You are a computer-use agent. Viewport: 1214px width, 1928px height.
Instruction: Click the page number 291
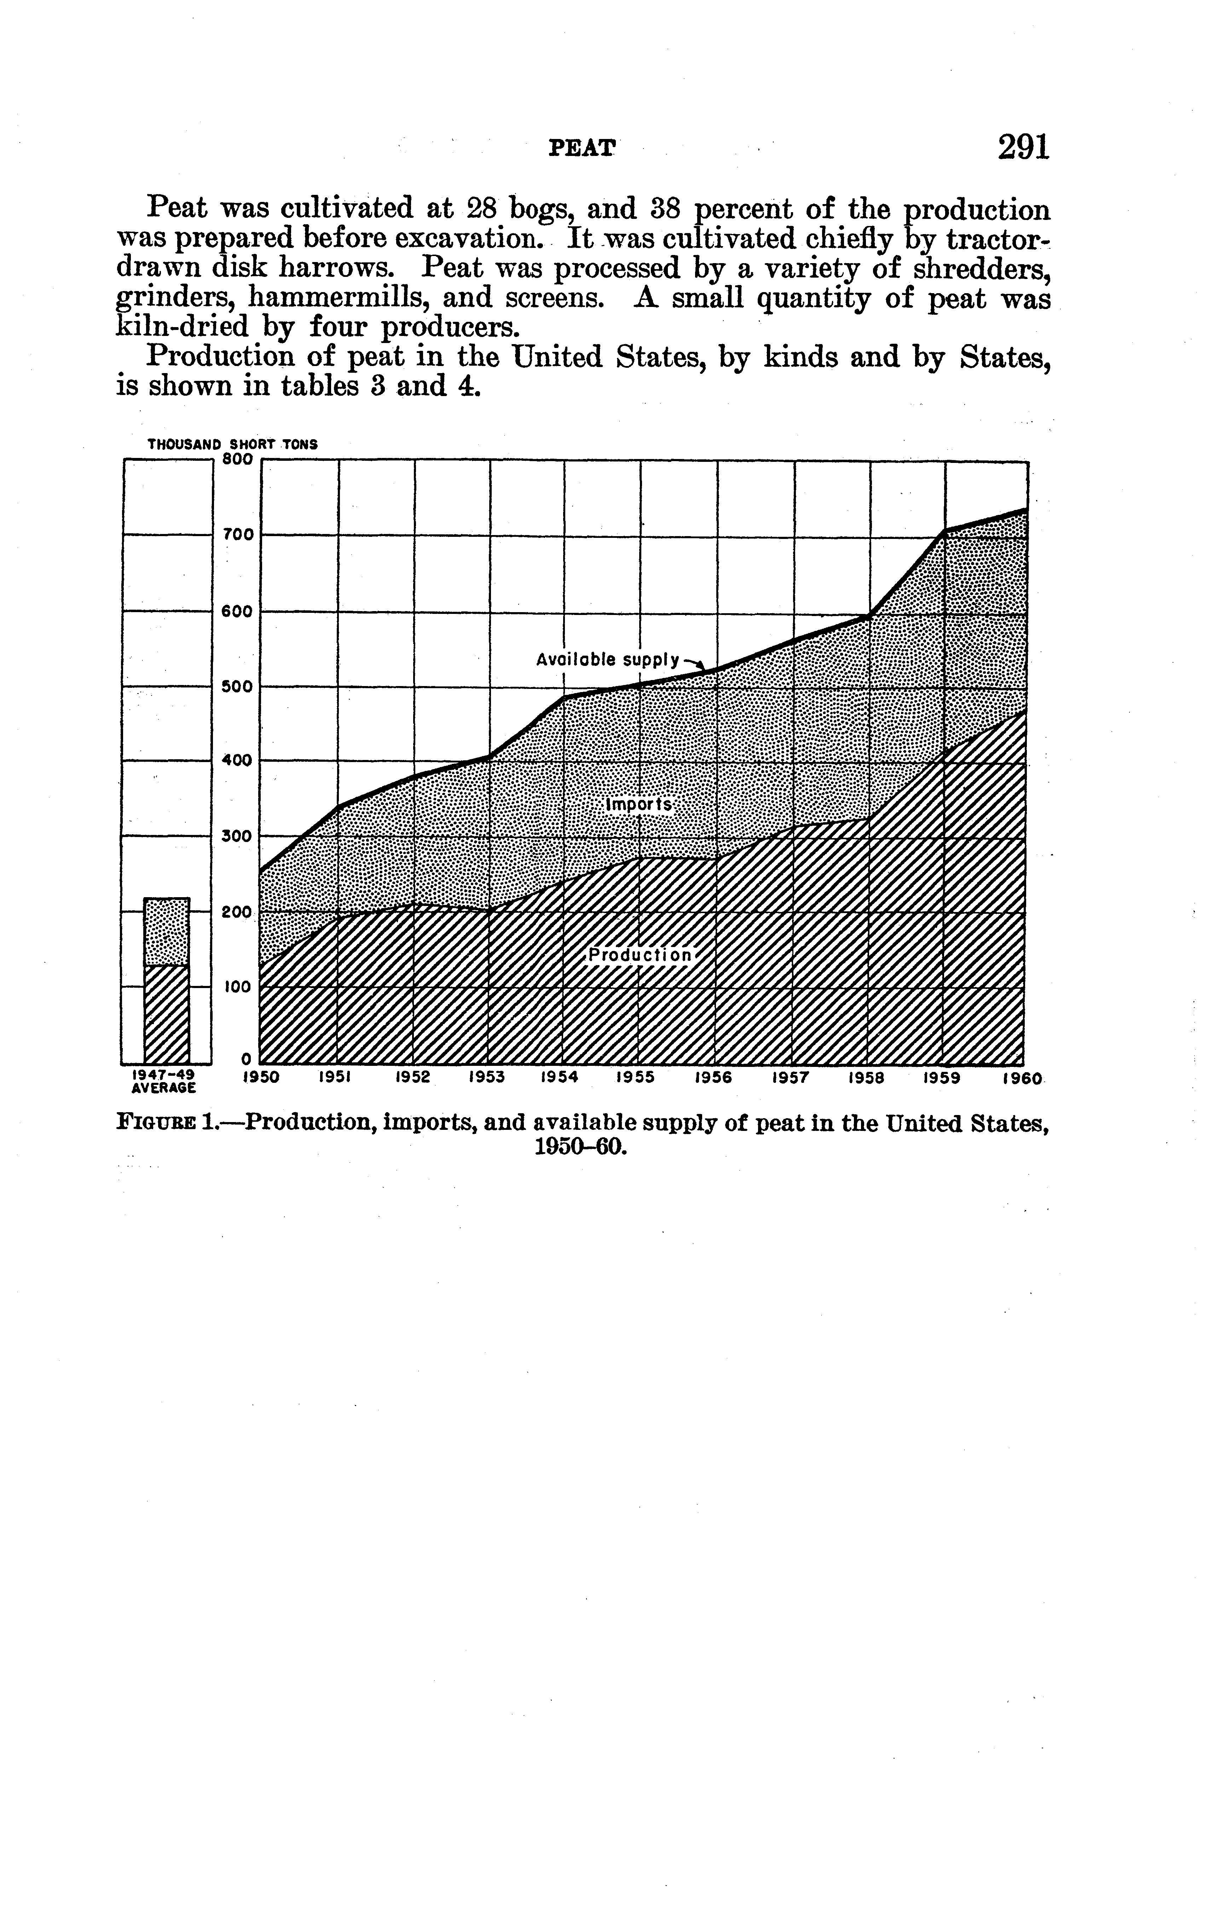coord(1023,147)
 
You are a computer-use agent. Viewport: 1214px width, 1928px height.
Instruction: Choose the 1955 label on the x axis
coord(636,1078)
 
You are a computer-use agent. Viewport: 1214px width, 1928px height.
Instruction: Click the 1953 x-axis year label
coord(486,1078)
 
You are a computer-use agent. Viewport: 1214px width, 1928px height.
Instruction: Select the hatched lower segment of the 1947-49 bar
coord(167,1013)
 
